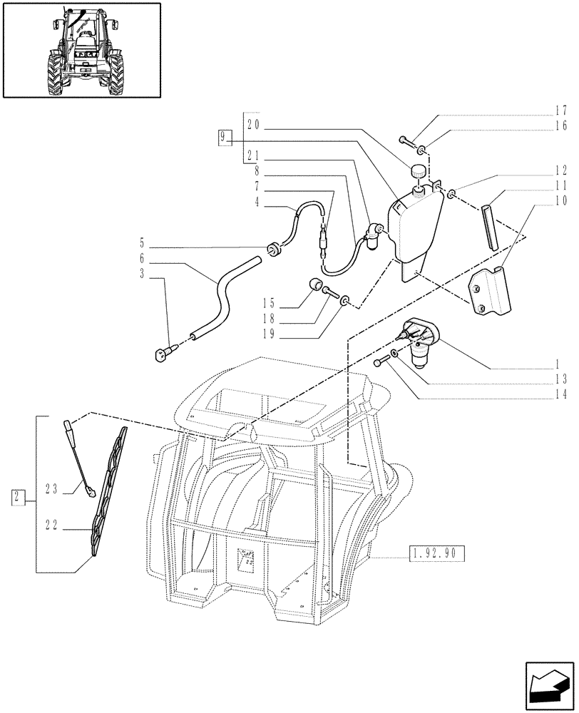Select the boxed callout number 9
(225, 138)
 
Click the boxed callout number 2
(19, 497)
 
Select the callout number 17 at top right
(560, 111)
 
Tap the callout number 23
(51, 490)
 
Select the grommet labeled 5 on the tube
(272, 247)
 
